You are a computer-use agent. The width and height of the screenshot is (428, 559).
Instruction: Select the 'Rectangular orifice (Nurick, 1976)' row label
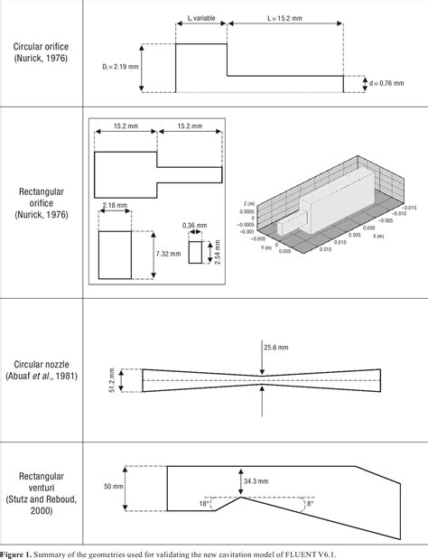click(42, 202)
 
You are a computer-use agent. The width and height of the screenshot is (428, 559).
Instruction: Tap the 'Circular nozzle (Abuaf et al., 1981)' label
click(42, 368)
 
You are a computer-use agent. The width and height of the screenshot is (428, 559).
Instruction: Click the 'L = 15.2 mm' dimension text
click(285, 17)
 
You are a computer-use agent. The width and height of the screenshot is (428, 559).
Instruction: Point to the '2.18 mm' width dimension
click(115, 206)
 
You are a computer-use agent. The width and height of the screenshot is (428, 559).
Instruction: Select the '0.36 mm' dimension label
click(195, 225)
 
